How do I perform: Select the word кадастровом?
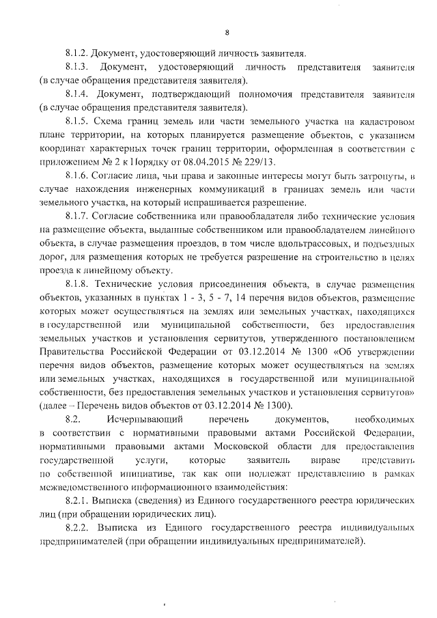pos(386,122)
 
